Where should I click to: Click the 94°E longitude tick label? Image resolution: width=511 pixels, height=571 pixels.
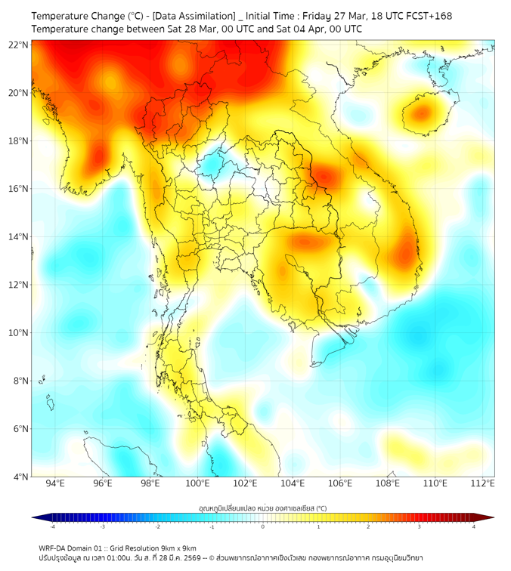point(55,483)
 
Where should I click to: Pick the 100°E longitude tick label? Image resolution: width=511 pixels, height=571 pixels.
point(197,483)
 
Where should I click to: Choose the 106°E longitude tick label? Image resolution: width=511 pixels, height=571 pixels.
point(340,483)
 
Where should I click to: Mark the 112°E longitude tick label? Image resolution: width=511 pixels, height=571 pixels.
point(482,483)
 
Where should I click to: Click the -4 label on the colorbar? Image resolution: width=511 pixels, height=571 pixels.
point(52,526)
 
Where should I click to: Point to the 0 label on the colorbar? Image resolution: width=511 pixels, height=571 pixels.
point(263,526)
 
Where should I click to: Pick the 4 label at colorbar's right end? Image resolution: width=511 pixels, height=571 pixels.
point(474,526)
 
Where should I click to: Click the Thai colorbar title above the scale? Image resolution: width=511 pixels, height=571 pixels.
point(262,508)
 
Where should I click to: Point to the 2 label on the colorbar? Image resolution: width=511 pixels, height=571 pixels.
point(368,526)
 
